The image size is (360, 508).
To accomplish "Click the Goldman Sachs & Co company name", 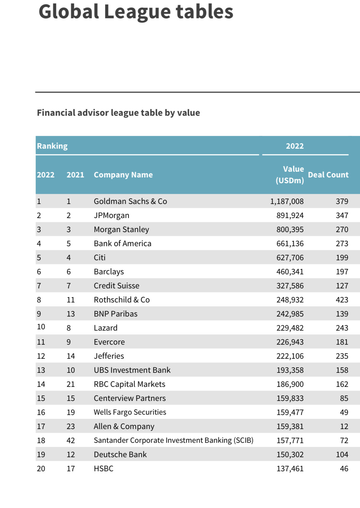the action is (130, 201).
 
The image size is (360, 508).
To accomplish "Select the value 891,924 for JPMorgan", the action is (290, 215).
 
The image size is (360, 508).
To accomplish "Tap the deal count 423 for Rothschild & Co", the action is (342, 300).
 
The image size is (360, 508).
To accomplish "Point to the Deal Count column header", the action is (328, 175).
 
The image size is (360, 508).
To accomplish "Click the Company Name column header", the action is (123, 175).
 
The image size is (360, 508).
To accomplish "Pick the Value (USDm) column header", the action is (290, 175).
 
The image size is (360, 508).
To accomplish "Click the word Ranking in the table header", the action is (52, 146).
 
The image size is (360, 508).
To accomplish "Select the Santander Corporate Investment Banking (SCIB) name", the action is (173, 440).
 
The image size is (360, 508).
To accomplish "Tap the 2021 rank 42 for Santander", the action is (71, 440).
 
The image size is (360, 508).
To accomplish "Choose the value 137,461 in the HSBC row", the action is (290, 468).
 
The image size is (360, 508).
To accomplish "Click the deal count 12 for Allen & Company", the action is (344, 426).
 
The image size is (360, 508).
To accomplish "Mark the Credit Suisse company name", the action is (116, 285).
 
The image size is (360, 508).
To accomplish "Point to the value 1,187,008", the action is (287, 201).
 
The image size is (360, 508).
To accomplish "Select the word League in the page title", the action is (137, 12).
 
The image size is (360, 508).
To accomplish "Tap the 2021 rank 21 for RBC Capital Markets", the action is (71, 384).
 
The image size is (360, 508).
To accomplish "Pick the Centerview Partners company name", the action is (130, 398).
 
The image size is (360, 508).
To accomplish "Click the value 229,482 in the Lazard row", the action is (290, 328).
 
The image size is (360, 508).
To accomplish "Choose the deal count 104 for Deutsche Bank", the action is (342, 454).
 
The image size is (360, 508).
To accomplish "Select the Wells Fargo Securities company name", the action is (130, 412).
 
